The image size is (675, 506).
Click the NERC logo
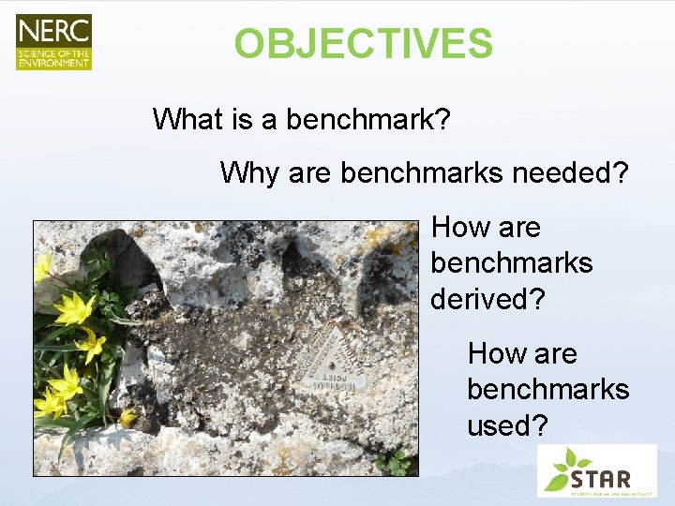click(53, 41)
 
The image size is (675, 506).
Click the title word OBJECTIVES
click(363, 44)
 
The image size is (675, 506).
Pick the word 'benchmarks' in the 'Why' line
click(421, 172)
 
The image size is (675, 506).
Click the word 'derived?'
click(487, 299)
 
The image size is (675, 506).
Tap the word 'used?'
click(507, 425)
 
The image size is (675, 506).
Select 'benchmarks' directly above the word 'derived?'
click(512, 263)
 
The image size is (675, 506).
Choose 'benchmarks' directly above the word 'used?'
click(548, 389)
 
